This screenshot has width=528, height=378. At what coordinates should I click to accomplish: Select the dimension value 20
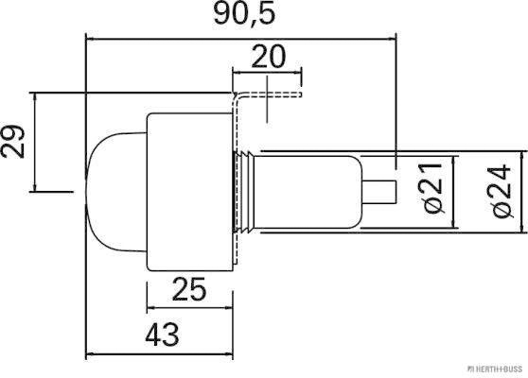pyautogui.click(x=269, y=58)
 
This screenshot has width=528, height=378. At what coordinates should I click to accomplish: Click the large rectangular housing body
pyautogui.click(x=189, y=189)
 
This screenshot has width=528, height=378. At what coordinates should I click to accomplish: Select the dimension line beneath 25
pyautogui.click(x=189, y=307)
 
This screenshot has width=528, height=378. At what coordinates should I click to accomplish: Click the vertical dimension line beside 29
pyautogui.click(x=34, y=142)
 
